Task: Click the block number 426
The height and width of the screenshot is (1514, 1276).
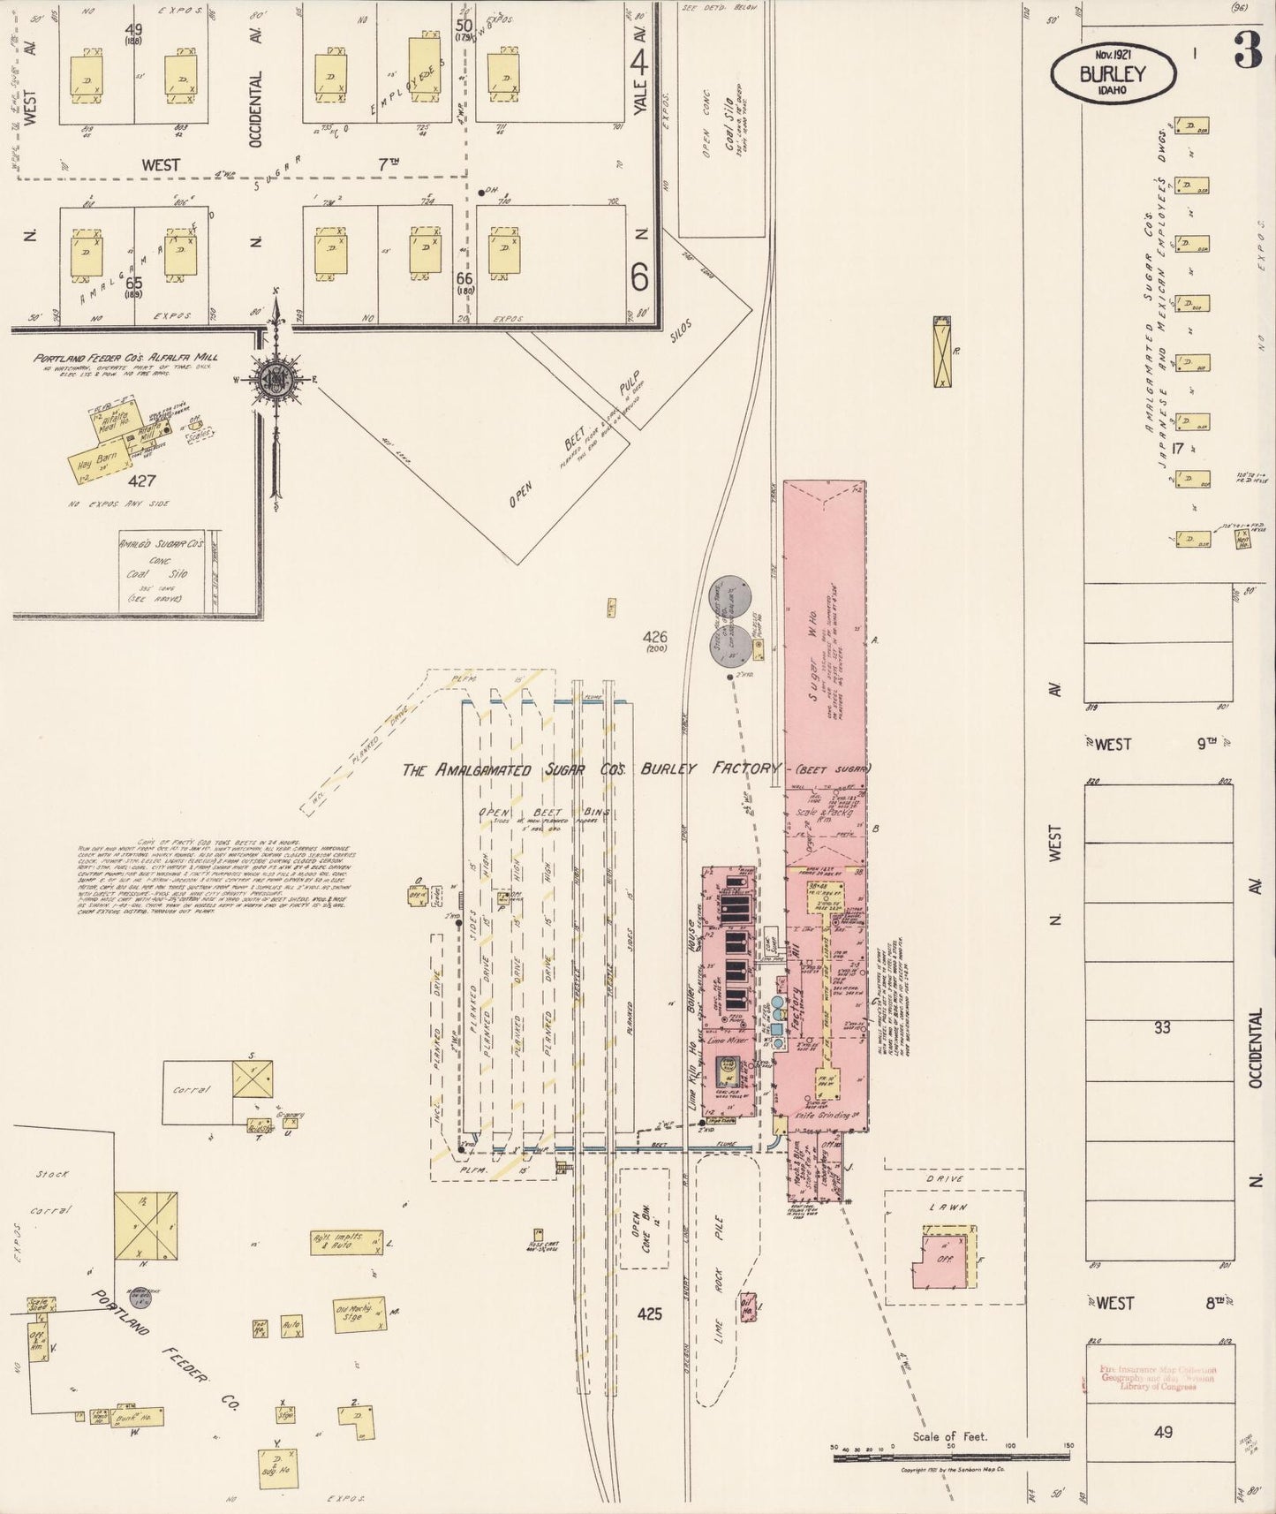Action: (x=655, y=637)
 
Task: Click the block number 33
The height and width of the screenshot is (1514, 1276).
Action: (x=1162, y=1027)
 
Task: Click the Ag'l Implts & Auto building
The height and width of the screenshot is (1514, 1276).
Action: (x=346, y=1242)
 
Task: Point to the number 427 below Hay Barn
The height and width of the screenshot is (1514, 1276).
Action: (x=141, y=481)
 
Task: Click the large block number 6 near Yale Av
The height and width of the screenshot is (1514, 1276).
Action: (x=639, y=278)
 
